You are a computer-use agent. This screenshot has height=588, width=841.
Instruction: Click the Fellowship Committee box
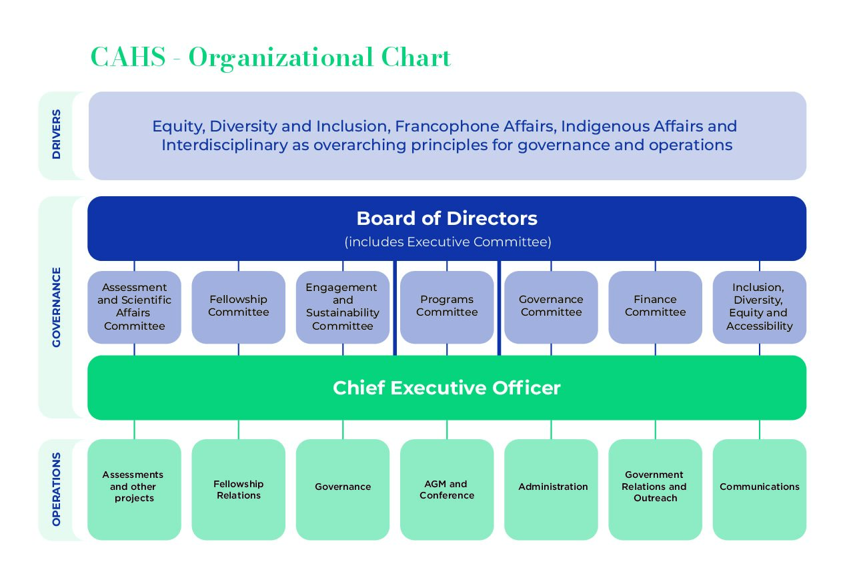[x=238, y=306]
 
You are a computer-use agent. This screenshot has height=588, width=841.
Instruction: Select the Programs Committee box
[x=447, y=306]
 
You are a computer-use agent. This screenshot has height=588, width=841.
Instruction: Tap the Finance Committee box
[x=655, y=306]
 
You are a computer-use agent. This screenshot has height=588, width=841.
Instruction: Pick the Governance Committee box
[x=551, y=306]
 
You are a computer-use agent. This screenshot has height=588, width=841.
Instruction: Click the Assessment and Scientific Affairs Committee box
[x=134, y=306]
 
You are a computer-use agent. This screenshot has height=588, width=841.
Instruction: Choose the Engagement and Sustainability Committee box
[x=343, y=306]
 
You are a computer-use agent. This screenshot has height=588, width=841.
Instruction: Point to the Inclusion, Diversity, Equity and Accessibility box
[x=759, y=306]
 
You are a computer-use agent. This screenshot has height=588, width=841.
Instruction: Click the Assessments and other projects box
[x=134, y=489]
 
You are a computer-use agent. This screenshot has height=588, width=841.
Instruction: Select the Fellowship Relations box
[x=238, y=489]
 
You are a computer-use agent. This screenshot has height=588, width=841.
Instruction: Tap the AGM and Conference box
[x=447, y=489]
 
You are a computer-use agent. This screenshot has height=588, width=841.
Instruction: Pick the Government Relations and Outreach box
[x=655, y=489]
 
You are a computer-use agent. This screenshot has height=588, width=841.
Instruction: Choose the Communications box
[x=759, y=489]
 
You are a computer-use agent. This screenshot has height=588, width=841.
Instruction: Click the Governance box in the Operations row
[x=343, y=489]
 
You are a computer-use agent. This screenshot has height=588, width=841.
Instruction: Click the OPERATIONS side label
[x=56, y=489]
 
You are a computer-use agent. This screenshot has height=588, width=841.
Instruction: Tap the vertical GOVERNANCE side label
[x=56, y=307]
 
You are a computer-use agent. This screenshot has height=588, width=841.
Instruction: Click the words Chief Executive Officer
[x=447, y=388]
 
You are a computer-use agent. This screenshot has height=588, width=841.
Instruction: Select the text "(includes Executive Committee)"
[x=448, y=242]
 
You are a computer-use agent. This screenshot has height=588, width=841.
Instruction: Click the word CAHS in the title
[x=127, y=57]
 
